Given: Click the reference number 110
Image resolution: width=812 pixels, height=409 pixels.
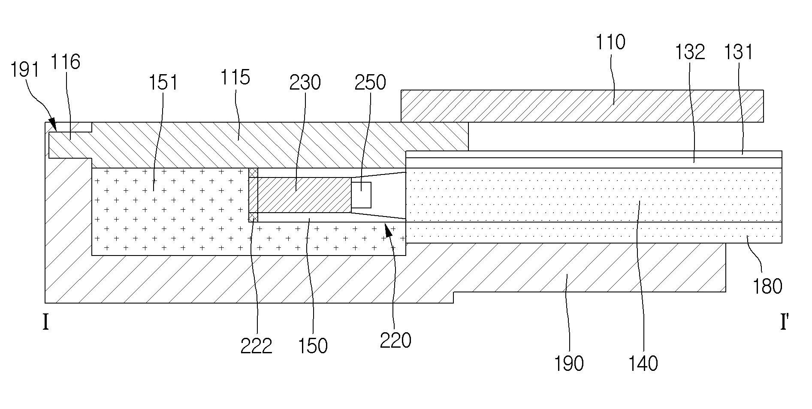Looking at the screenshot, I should click(611, 43).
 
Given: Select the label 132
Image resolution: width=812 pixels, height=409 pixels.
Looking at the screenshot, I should click(690, 52).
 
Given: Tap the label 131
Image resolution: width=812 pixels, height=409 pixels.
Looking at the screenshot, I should click(739, 52).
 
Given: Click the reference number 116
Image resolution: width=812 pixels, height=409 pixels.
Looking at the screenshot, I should click(66, 62).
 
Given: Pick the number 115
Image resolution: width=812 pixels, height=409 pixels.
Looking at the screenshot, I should click(235, 78).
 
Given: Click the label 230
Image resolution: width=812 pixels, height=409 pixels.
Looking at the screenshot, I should click(305, 82).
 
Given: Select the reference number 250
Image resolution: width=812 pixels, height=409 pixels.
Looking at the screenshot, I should click(370, 82).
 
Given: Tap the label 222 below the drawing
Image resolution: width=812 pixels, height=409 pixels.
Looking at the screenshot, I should click(256, 346).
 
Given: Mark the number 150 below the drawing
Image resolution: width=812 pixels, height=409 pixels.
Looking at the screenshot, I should click(313, 346).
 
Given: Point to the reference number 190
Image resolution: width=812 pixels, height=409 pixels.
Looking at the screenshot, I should click(569, 364).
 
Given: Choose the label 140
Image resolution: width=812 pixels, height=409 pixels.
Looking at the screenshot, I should click(643, 364).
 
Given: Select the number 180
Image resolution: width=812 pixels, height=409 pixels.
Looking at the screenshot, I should click(767, 286).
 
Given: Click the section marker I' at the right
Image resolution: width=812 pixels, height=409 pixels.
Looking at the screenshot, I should click(784, 322).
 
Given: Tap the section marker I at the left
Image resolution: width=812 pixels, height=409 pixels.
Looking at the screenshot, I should click(46, 322).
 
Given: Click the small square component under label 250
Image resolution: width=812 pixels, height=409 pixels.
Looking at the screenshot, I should click(361, 195).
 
